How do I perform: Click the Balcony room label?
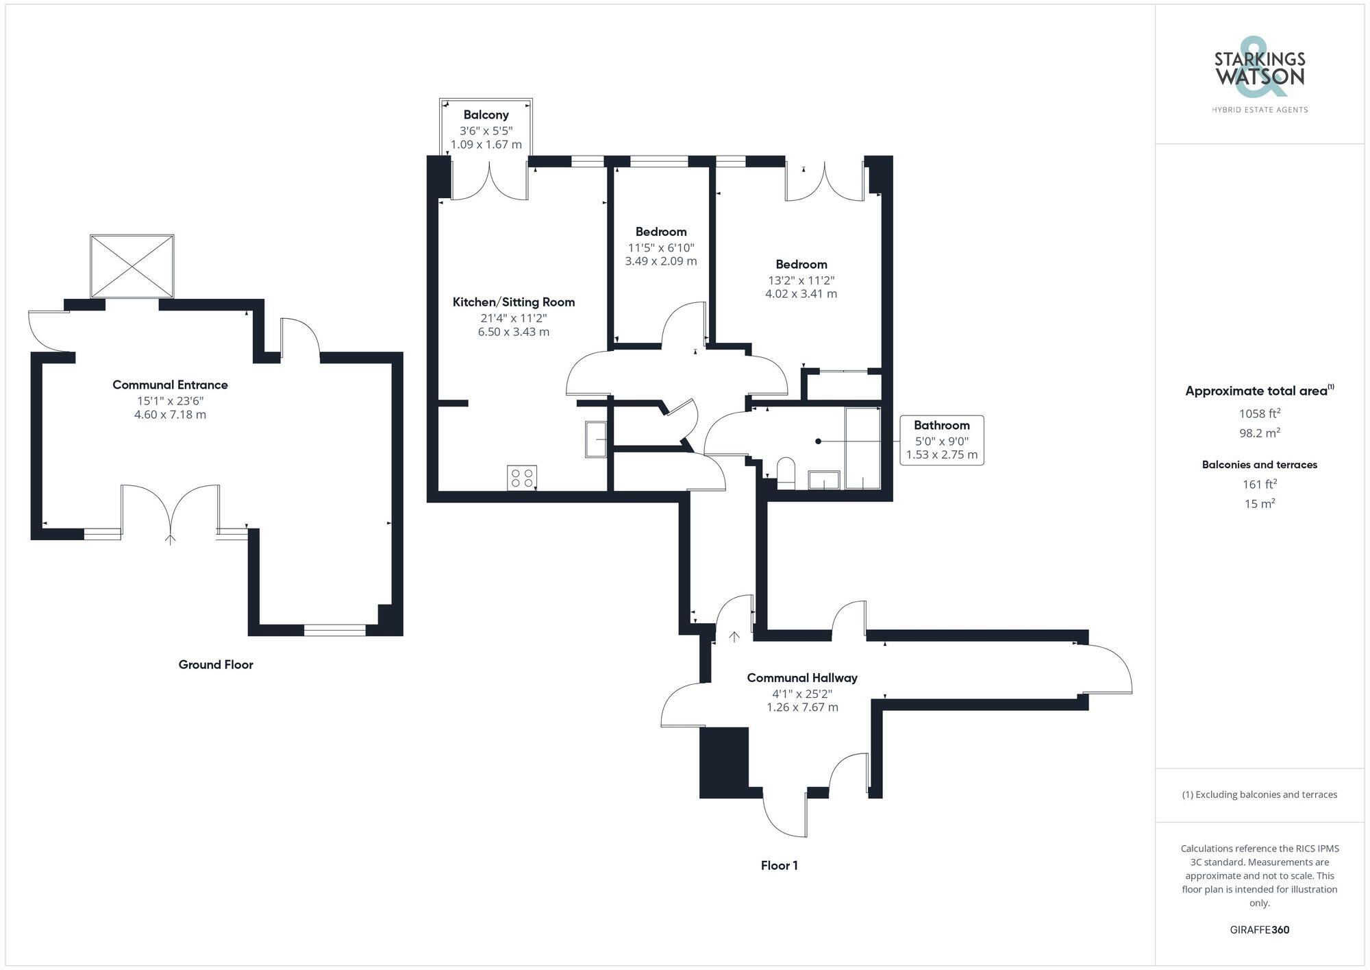[x=486, y=114]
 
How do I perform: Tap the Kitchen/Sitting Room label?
[x=513, y=302]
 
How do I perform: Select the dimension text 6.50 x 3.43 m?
[x=513, y=332]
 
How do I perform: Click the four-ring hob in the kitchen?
[x=522, y=477]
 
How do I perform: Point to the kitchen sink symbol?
[x=595, y=439]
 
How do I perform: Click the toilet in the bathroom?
[x=786, y=472]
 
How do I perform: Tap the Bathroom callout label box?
[x=941, y=440]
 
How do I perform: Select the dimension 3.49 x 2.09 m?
[x=660, y=261]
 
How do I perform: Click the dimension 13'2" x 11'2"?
[x=801, y=280]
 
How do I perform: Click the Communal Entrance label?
[x=170, y=385]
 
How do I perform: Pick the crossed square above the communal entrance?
[x=132, y=266]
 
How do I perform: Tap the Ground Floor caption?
[x=216, y=664]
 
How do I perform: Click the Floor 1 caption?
[x=779, y=865]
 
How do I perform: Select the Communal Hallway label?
[x=801, y=678]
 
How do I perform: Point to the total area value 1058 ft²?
[x=1259, y=413]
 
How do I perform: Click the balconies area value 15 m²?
[x=1259, y=504]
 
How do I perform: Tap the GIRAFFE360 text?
[x=1259, y=930]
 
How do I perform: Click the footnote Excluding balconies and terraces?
[x=1259, y=795]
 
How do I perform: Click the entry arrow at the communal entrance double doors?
[x=170, y=539]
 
